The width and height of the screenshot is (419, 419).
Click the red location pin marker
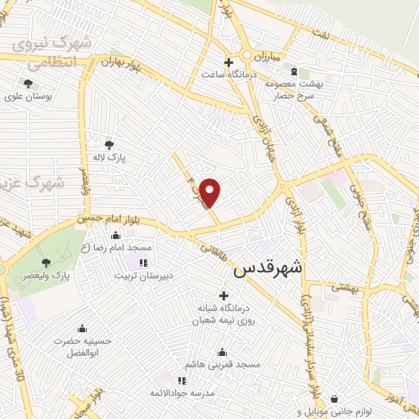(210, 191)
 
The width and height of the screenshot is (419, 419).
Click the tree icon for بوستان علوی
(29, 83)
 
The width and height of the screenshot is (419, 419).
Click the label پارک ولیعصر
(49, 277)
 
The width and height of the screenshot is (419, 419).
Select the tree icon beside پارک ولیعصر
(46, 263)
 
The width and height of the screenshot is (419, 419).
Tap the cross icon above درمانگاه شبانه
(223, 295)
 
